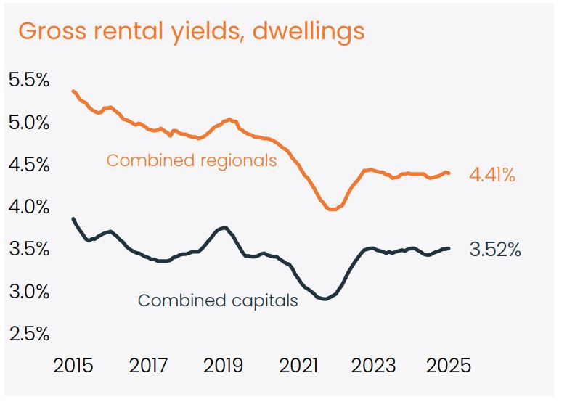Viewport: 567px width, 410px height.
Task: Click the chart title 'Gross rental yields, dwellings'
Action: [191, 33]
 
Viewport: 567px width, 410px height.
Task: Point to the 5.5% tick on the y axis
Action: [29, 81]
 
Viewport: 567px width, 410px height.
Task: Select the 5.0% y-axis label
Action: [29, 123]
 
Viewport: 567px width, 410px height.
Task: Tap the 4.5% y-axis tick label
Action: [29, 165]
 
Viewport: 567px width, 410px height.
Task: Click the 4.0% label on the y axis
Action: [29, 208]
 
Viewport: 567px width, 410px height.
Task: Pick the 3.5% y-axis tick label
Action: [29, 250]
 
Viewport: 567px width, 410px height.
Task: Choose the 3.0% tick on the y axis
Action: [29, 292]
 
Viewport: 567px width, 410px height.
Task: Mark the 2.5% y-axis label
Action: [29, 334]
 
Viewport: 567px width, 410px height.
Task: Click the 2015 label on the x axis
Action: [73, 365]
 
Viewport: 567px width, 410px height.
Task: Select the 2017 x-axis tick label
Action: [149, 365]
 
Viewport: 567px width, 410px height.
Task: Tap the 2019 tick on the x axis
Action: [224, 365]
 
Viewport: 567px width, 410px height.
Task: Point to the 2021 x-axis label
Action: [300, 365]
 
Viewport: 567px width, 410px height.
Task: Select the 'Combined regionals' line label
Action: [192, 160]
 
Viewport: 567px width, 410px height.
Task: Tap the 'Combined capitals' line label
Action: [218, 300]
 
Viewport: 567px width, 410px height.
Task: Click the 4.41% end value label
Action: [491, 175]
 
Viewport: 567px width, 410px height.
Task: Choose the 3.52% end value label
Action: [495, 250]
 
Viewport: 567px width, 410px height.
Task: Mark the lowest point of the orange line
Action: [333, 209]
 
